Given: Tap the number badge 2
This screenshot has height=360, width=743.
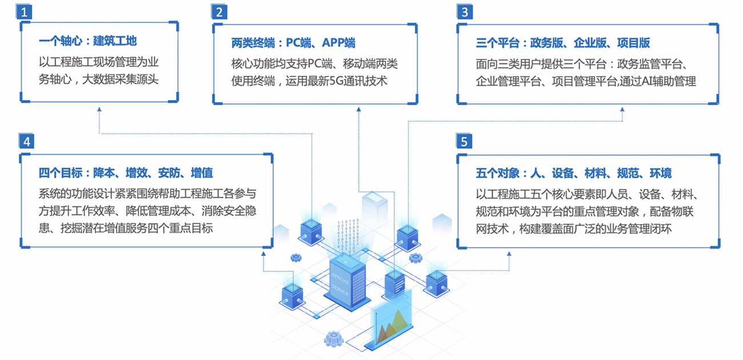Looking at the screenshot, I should click(219, 12).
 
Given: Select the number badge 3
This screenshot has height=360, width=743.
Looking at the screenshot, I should click(465, 12).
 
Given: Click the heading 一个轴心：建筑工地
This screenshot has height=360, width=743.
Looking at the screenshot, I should click(87, 41).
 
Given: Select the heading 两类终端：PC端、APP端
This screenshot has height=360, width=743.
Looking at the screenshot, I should click(293, 43).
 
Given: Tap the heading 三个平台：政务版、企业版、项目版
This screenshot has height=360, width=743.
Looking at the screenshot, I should click(562, 43).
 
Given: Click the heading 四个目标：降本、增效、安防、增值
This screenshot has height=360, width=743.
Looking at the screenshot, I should click(126, 173).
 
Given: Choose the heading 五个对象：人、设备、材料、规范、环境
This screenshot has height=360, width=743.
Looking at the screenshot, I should click(573, 173).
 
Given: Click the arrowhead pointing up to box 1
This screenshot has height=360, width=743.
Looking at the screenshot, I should click(99, 109).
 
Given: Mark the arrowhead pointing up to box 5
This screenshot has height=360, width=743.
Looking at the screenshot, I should click(509, 253).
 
